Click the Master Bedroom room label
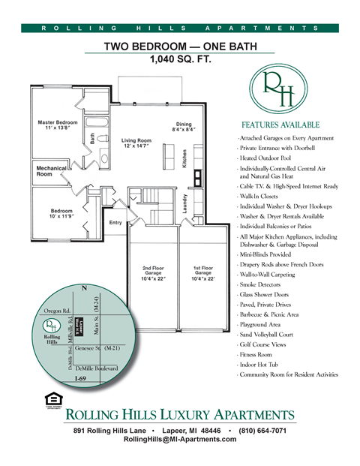57,125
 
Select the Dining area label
184,127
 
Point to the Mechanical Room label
50,171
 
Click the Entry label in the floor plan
115,222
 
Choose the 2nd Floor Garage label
153,272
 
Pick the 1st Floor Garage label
202,272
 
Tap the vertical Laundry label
184,205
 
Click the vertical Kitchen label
184,158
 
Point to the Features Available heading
280,125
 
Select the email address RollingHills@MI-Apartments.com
179,440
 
